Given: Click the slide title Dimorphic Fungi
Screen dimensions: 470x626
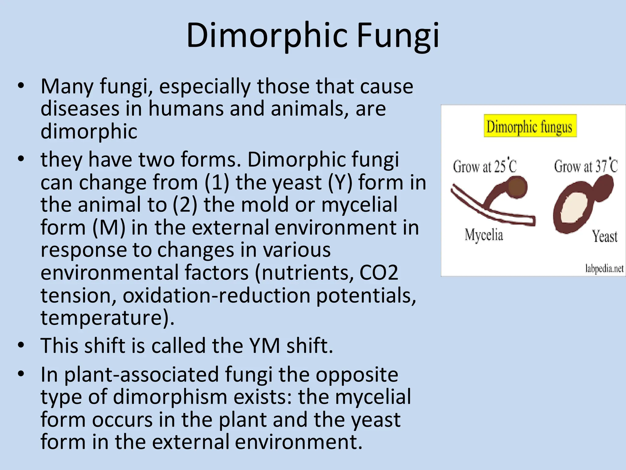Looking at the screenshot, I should [x=313, y=35].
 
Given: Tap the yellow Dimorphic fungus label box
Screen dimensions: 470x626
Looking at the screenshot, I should [x=530, y=126].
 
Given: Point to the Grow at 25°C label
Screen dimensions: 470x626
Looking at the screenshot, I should [x=484, y=166].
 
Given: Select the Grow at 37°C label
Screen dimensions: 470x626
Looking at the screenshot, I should [x=586, y=166].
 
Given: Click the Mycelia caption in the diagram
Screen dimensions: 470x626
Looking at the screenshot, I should [x=484, y=235].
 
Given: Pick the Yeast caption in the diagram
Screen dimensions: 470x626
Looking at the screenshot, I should [x=605, y=236].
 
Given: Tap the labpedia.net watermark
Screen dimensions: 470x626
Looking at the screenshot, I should [x=604, y=268].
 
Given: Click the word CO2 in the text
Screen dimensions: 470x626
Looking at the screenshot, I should [x=379, y=272].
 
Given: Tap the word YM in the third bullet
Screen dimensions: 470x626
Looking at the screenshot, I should [x=264, y=345].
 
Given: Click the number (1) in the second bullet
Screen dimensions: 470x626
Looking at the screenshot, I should [x=217, y=182].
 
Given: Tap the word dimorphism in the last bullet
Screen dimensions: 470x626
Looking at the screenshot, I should [x=170, y=397].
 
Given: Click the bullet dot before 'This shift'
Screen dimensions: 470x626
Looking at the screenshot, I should [x=21, y=345].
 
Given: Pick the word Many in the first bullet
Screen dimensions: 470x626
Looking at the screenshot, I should [x=67, y=86].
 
